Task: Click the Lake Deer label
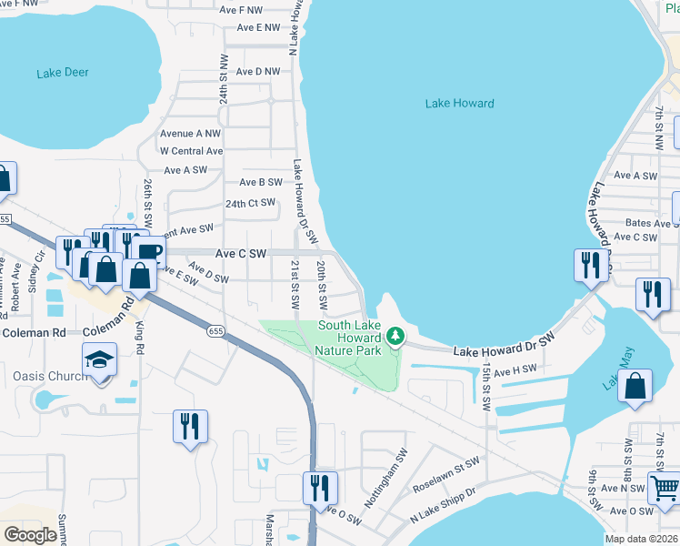pos(63,73)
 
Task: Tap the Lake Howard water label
pos(459,103)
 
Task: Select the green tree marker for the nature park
pos(395,337)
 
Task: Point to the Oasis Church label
pos(50,376)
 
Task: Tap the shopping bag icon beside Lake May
pos(635,385)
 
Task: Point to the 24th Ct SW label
pos(250,203)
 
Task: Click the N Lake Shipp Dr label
pos(442,506)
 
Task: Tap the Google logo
pos(30,536)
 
